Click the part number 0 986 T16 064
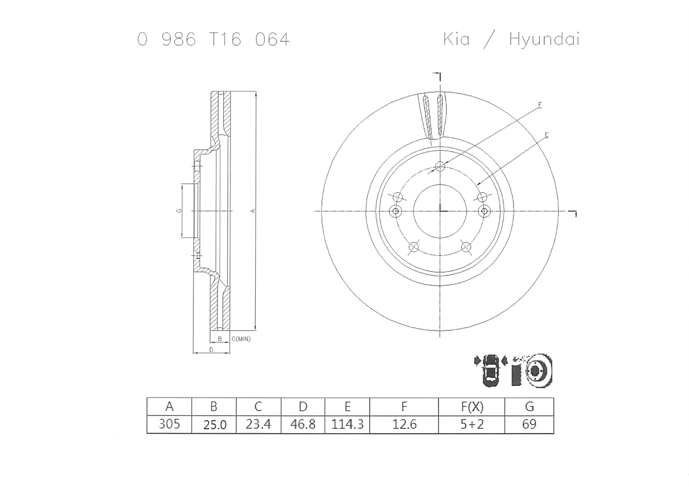[x=213, y=40]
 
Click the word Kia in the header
[x=456, y=39]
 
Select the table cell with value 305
[x=169, y=424]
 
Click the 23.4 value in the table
[x=258, y=424]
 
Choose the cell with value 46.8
[x=303, y=424]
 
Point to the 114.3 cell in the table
[x=347, y=424]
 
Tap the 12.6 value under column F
[x=404, y=425]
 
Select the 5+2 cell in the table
[x=472, y=424]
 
